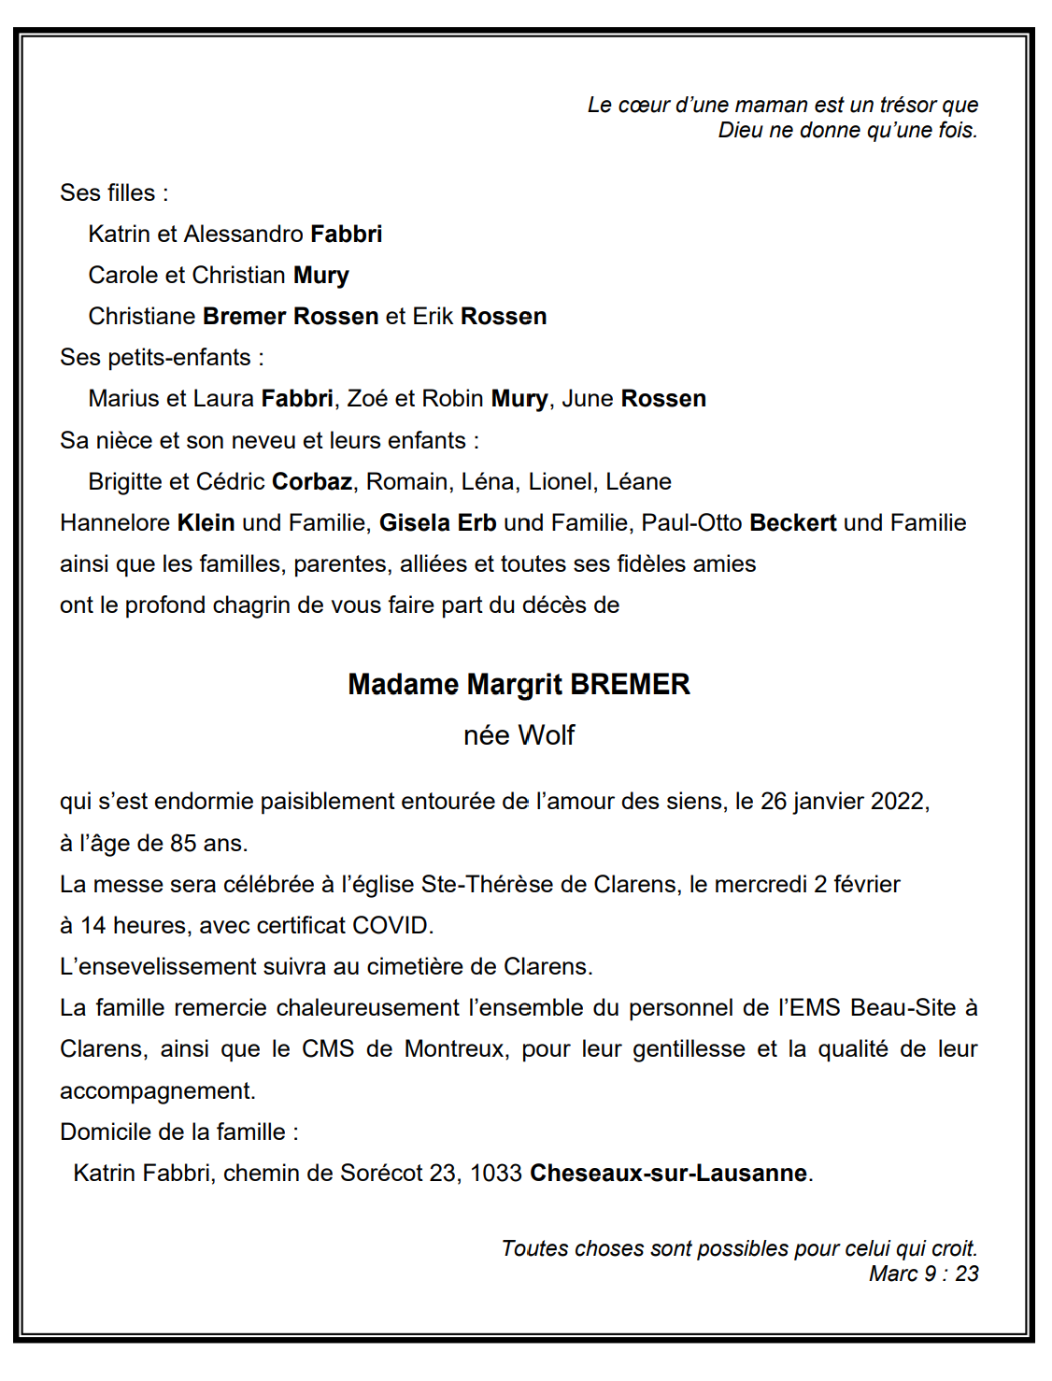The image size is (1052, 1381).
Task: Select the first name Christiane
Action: tap(142, 316)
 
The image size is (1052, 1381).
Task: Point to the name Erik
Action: tap(433, 316)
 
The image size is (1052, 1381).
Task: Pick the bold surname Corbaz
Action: tap(312, 481)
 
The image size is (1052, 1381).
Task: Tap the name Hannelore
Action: tap(115, 522)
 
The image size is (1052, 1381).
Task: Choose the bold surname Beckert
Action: tap(792, 522)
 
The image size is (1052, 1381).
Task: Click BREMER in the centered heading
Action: tap(631, 685)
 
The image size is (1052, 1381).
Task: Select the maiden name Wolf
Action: tap(547, 735)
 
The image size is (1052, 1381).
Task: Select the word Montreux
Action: tap(456, 1049)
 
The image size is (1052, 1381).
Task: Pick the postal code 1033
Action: tap(495, 1173)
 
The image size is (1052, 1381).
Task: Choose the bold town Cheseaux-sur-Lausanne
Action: tap(668, 1173)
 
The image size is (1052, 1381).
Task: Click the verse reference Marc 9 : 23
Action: tap(923, 1274)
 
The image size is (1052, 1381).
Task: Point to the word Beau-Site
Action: tap(903, 1008)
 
